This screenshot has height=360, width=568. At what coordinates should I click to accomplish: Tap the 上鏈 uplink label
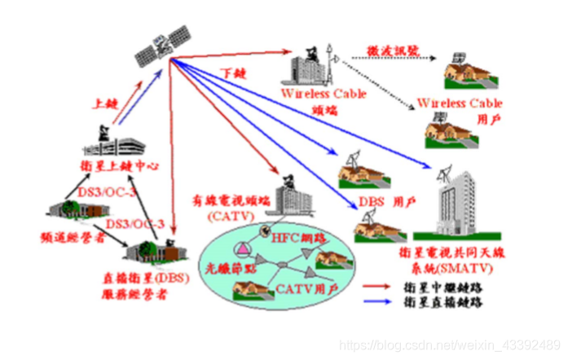[x=105, y=103]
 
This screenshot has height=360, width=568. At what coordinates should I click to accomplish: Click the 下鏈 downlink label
[x=234, y=73]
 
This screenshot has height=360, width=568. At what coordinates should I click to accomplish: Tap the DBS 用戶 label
[x=381, y=200]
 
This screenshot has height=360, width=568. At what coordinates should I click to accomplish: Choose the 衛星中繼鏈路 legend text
[x=445, y=287]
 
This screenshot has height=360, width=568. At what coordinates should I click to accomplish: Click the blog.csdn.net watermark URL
[x=447, y=347]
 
